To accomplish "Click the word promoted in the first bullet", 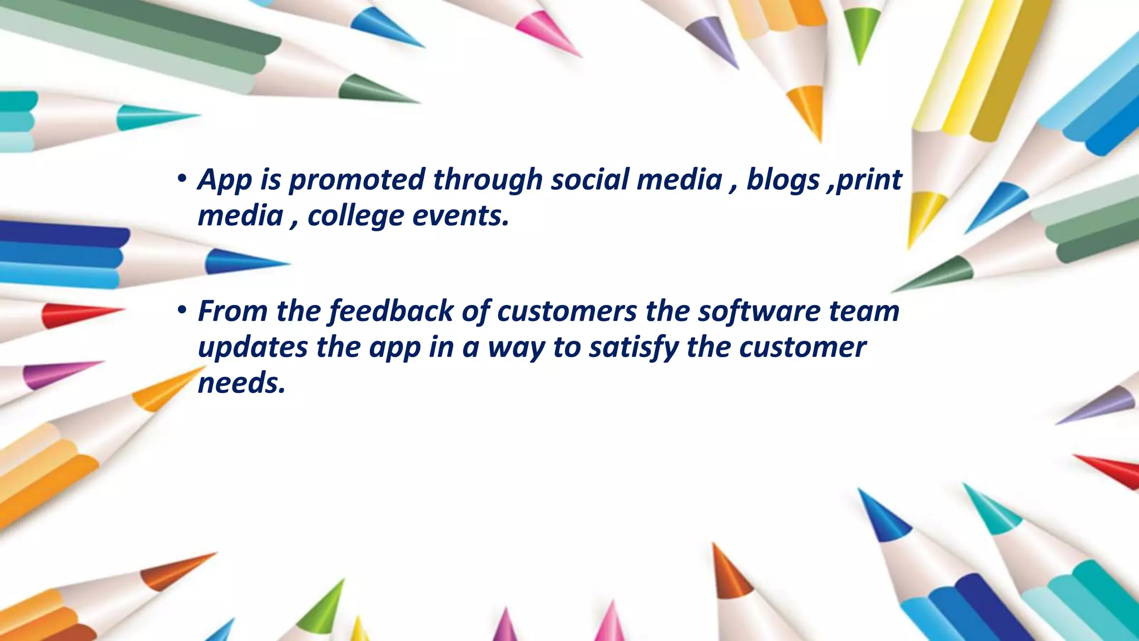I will (x=356, y=180).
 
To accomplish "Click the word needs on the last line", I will (x=241, y=383).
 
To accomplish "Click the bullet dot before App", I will (x=181, y=179).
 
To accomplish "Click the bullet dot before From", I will (x=181, y=310).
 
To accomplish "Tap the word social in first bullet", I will (x=589, y=180).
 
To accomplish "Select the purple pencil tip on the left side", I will (x=56, y=374).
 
